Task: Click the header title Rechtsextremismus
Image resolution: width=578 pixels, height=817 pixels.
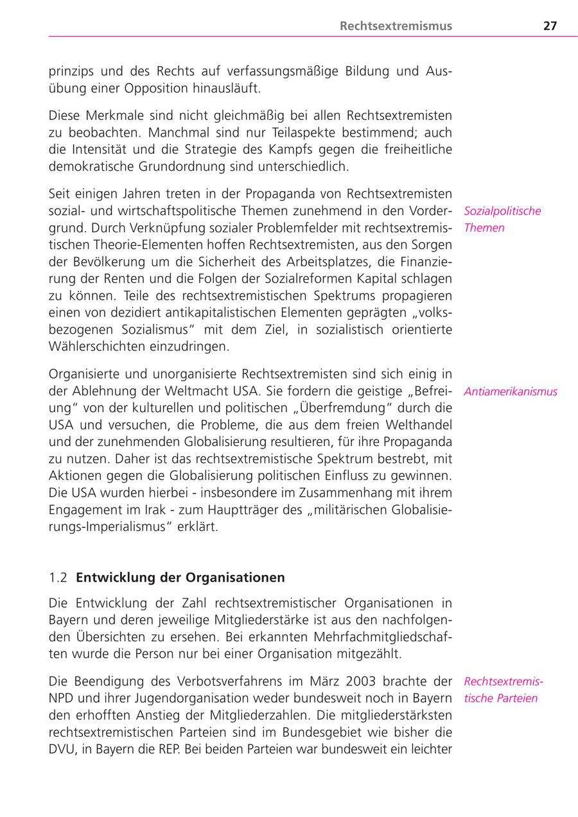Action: click(x=396, y=26)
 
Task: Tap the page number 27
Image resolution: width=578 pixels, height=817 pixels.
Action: click(x=550, y=26)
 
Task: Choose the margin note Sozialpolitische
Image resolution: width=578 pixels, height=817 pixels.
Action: click(x=502, y=211)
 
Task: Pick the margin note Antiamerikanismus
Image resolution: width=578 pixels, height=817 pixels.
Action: click(x=510, y=391)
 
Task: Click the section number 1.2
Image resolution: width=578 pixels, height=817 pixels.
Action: click(x=58, y=578)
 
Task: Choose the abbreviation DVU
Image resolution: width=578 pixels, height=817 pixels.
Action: click(x=62, y=748)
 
